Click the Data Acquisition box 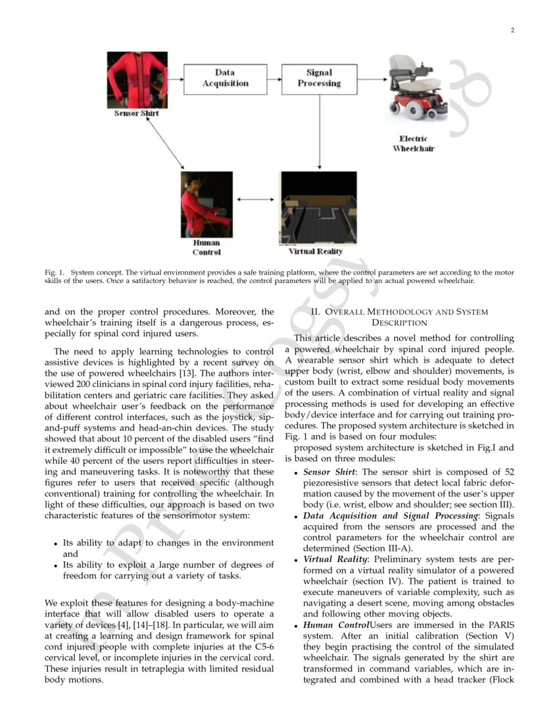(x=226, y=79)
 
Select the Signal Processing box (x=319, y=79)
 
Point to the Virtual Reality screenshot (x=318, y=208)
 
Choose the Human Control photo (x=207, y=205)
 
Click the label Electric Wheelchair (x=414, y=143)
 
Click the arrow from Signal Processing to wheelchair (x=372, y=79)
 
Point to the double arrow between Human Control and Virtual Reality (x=256, y=199)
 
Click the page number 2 (x=511, y=30)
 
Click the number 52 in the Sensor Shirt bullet (x=508, y=472)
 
